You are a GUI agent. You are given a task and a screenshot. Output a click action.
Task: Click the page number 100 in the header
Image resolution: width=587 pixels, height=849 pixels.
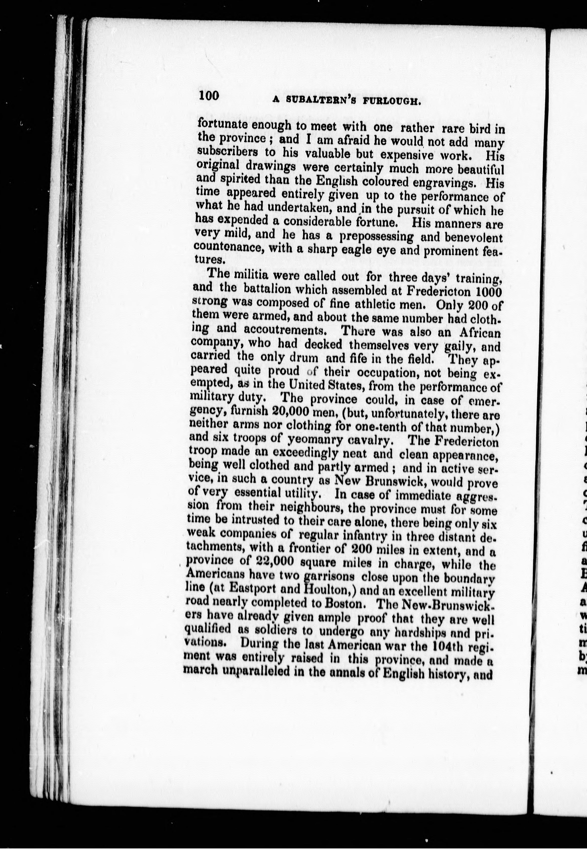209,96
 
